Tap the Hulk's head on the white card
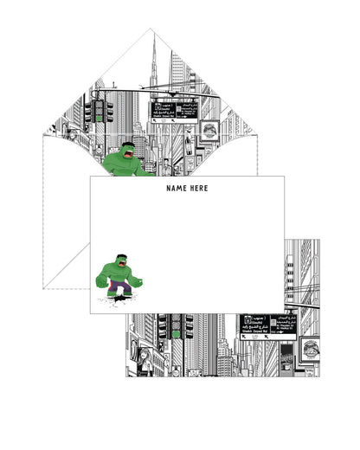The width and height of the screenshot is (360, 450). pos(120,260)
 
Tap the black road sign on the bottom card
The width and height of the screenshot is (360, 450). pos(267,325)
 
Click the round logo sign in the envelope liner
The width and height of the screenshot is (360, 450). pos(209,132)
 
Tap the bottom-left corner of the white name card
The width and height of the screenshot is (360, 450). pos(90,312)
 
